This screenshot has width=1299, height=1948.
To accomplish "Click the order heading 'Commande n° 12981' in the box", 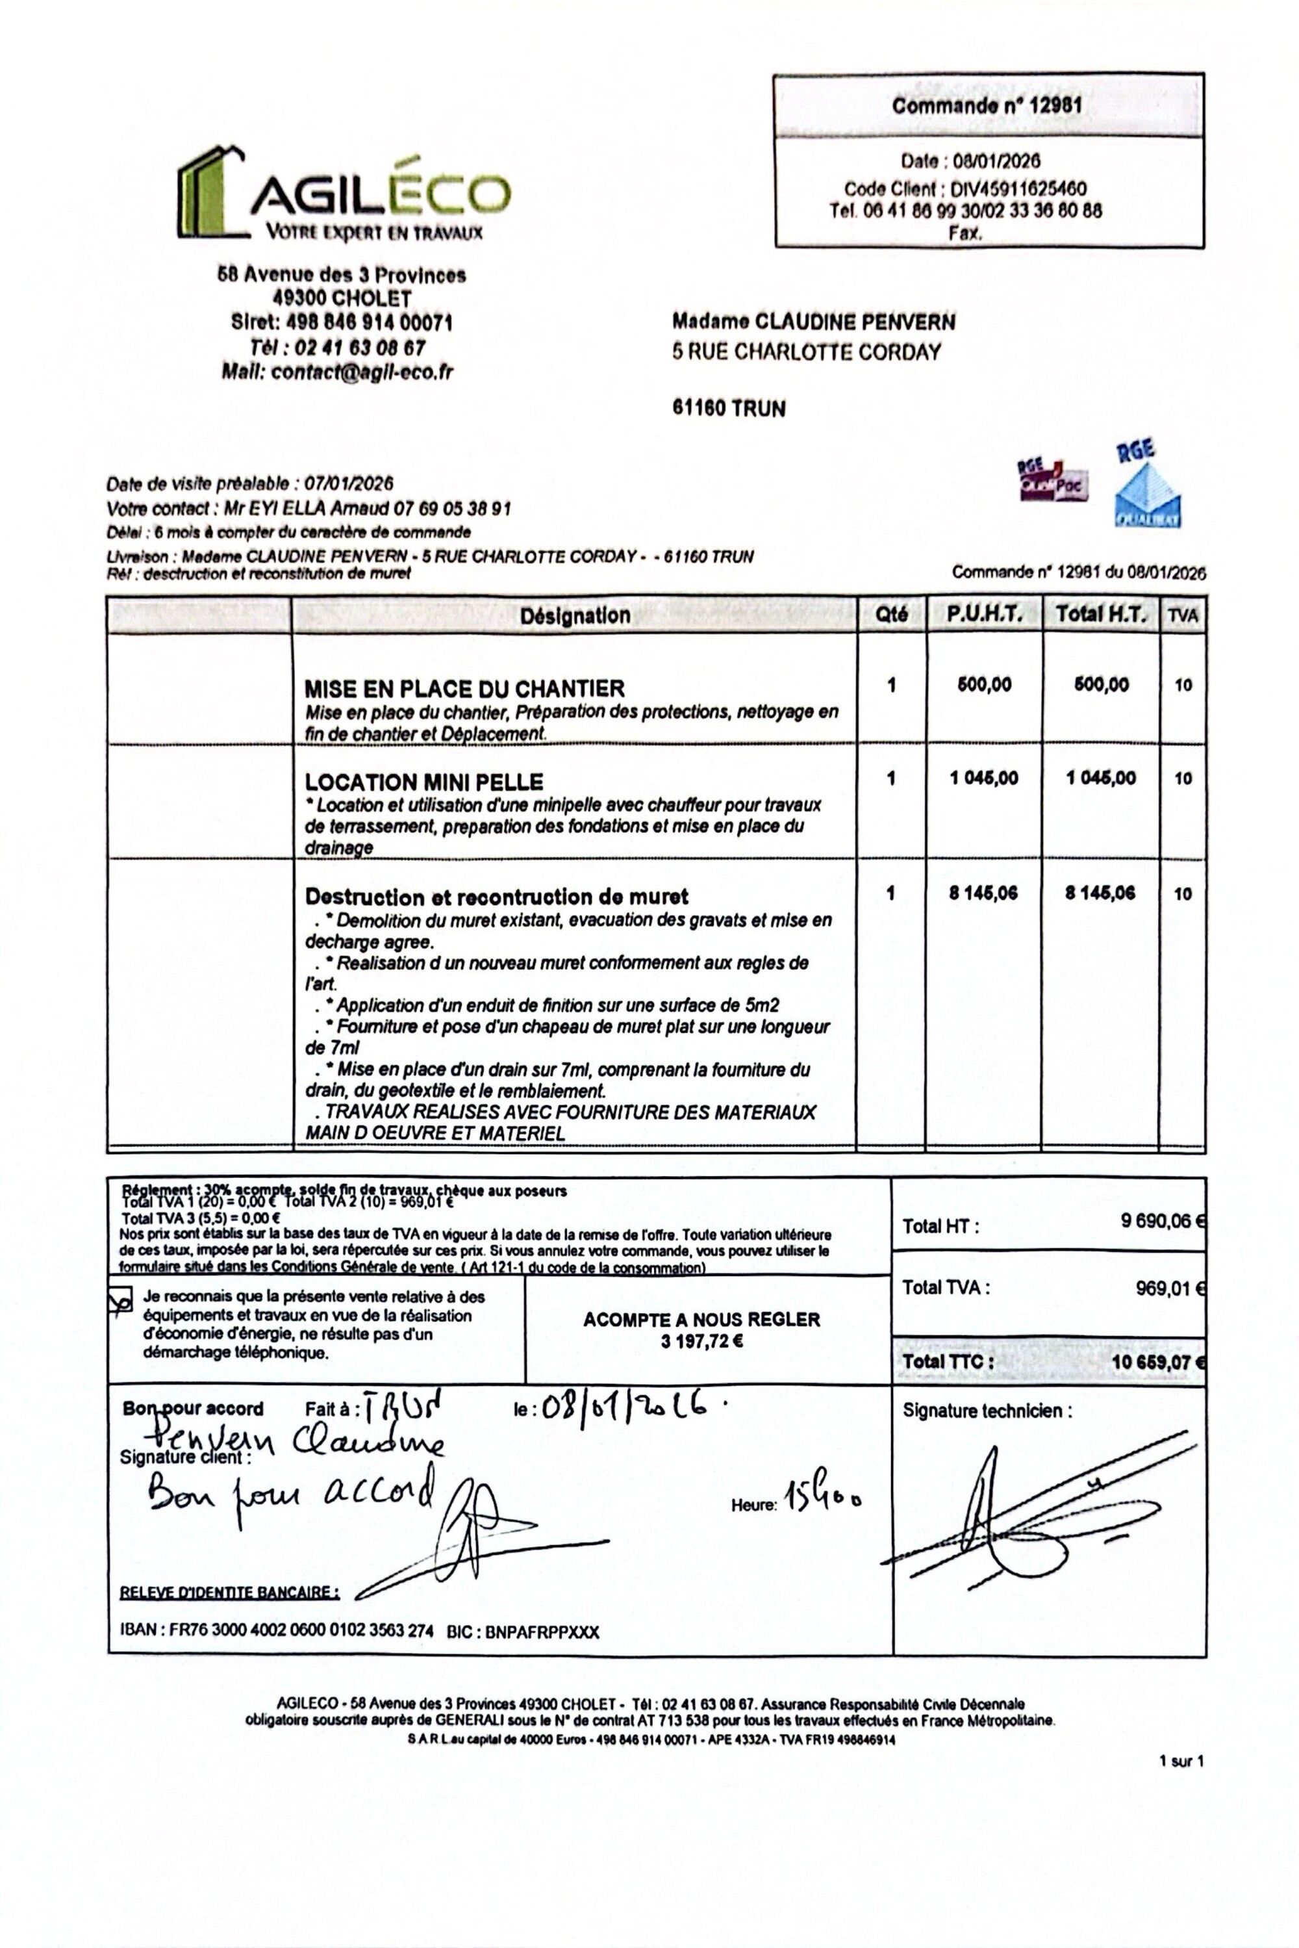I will pos(987,105).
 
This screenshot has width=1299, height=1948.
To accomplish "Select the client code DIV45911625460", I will pos(1018,190).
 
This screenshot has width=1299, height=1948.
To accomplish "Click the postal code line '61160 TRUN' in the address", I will pos(729,409).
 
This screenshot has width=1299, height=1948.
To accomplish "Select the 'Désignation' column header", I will pos(575,615).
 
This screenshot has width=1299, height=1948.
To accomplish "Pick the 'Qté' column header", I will pos(891,615).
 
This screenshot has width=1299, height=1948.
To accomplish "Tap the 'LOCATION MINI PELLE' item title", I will pos(424,782).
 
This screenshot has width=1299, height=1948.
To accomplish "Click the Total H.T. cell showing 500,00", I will pos(1101,686).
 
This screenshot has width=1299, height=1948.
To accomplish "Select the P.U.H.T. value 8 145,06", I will pos(983,893).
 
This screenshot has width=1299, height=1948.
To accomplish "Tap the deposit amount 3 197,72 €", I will pos(701,1342).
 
